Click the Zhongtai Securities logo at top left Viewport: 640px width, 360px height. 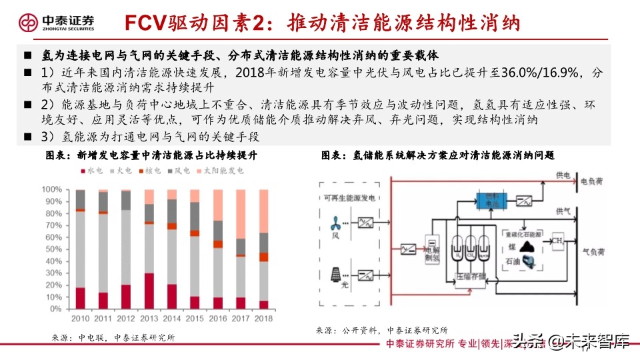54,23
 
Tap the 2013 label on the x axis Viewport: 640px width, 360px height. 149,318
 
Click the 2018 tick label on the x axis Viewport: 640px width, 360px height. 264,318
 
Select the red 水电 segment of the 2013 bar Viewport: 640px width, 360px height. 149,291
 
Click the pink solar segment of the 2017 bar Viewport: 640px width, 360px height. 241,214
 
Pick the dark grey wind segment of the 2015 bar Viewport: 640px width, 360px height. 195,216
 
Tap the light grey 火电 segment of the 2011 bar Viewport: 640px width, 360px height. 103,253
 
